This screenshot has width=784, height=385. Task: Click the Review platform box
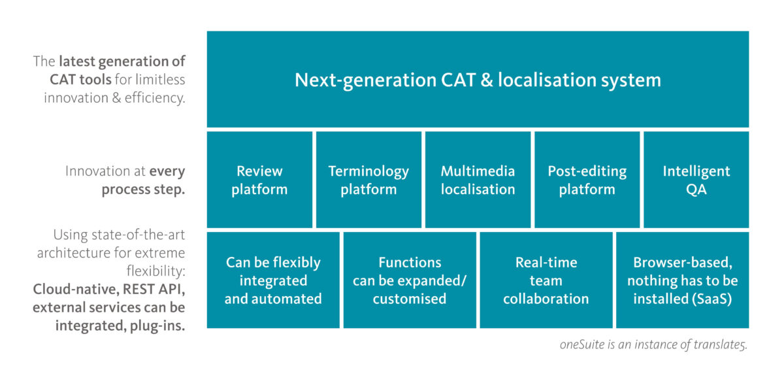[x=259, y=180]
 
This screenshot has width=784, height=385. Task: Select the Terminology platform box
[x=368, y=180]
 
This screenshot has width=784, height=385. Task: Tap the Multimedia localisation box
[x=478, y=180]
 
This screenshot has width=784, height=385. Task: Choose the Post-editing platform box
[x=587, y=180]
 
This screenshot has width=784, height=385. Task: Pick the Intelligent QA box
[x=696, y=180]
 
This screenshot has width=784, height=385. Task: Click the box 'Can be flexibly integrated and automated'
[x=273, y=280]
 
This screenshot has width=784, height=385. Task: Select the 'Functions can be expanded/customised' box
[x=410, y=280]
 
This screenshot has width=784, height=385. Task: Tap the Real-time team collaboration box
[x=546, y=280]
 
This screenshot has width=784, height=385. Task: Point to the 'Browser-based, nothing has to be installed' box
[x=683, y=280]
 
